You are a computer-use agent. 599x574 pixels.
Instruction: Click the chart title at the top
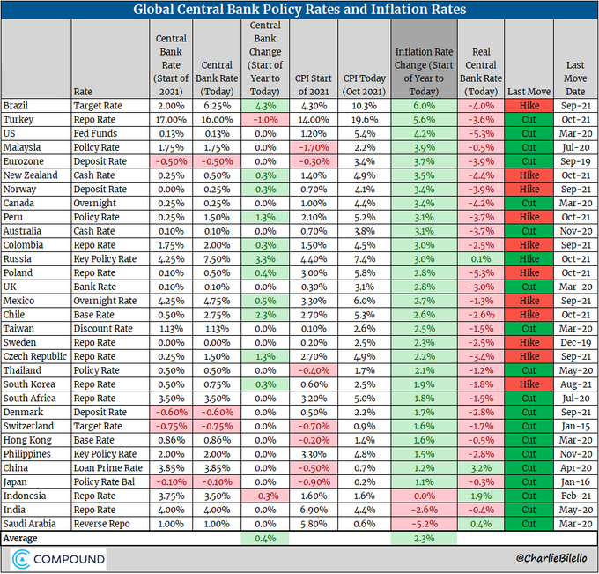coord(299,10)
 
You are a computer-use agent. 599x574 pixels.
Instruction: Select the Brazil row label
coord(16,105)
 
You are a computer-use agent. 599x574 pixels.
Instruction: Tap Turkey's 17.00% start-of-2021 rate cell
coord(171,118)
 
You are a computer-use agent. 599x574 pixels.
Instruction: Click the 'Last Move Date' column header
coord(575,78)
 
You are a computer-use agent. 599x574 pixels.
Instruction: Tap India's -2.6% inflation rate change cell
coord(424,508)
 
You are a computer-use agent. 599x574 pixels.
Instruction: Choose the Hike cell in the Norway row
coord(529,189)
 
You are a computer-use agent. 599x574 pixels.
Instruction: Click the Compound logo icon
coord(21,559)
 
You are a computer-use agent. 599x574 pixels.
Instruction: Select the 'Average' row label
coord(23,536)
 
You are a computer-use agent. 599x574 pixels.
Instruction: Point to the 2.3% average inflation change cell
coord(424,536)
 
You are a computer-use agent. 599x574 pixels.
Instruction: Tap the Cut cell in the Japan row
coord(529,482)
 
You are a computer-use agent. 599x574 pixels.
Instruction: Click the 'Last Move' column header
coord(529,91)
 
